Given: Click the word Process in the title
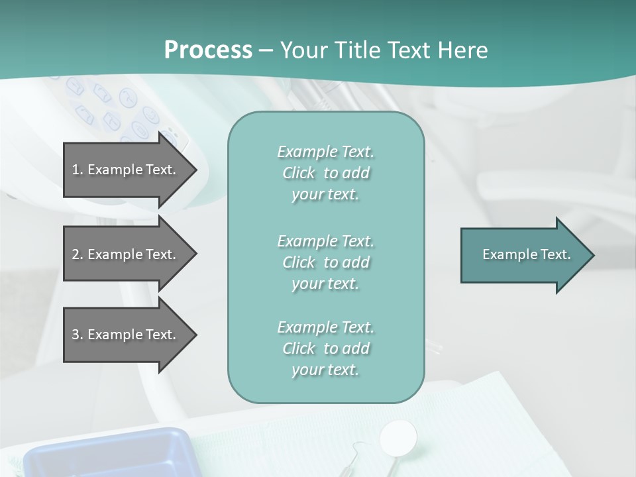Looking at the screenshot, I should coord(208,50).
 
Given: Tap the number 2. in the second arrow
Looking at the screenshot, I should coord(78,254).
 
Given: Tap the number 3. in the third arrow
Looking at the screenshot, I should coord(78,335).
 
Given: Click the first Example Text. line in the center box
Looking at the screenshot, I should coord(325,152).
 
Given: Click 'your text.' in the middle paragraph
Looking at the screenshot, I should coord(325,284).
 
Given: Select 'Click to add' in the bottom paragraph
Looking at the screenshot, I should coord(325,348).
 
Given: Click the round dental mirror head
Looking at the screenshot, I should coord(399,437).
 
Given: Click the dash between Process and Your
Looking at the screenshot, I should coord(266,50).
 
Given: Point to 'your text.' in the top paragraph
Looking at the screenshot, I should coord(325,195).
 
